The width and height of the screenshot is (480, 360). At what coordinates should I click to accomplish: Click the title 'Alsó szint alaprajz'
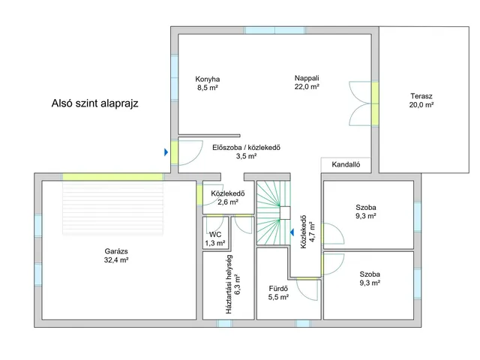[95, 103]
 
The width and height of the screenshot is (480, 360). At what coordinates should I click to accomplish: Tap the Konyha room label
[208, 83]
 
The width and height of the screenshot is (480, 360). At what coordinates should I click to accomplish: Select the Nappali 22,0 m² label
[307, 82]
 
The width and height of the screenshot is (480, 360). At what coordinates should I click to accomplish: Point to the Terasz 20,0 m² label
[421, 100]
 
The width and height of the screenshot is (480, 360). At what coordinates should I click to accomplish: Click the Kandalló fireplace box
[346, 165]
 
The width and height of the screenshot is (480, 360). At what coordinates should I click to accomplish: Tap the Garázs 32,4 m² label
[116, 256]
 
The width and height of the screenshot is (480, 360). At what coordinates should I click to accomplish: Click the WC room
[215, 233]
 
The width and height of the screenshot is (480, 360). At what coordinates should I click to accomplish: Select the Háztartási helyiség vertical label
[232, 284]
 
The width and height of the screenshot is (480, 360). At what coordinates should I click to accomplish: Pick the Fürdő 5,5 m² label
[278, 292]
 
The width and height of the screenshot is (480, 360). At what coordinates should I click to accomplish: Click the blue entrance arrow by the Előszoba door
[166, 152]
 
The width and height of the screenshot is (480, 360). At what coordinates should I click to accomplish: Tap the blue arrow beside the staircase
[292, 232]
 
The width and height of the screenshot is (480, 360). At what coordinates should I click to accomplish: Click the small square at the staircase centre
[285, 213]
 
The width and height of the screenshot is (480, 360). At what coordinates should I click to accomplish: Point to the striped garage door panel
[112, 208]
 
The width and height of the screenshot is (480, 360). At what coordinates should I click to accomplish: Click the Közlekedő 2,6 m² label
[228, 198]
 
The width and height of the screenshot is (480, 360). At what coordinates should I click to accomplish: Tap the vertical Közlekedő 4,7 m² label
[307, 232]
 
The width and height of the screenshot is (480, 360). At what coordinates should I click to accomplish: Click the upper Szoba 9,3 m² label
[366, 211]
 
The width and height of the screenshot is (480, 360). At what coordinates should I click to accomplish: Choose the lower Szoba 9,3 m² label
[370, 278]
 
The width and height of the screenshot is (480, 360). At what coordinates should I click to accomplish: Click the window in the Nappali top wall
[274, 30]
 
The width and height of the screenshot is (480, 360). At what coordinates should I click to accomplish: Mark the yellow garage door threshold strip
[112, 177]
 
